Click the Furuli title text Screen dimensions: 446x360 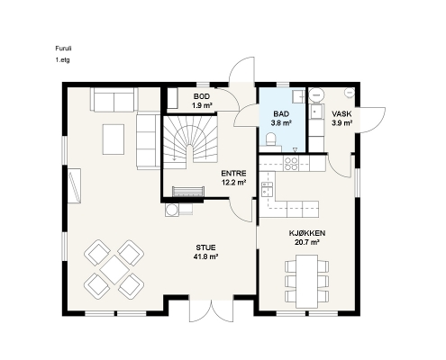[63, 49]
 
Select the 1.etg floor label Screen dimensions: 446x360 [62, 59]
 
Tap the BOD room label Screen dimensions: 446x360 [202, 96]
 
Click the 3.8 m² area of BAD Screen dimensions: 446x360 [281, 122]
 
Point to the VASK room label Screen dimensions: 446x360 [341, 113]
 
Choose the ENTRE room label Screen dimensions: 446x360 [233, 174]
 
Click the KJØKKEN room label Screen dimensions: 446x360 [307, 233]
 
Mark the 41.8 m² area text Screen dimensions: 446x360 [205, 256]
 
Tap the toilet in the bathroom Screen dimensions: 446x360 [271, 139]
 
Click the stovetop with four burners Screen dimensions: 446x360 [291, 164]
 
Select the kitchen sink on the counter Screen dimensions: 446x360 [267, 189]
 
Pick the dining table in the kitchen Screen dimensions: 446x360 [306, 282]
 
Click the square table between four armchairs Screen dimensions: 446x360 [114, 269]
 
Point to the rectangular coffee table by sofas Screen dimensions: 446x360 [114, 139]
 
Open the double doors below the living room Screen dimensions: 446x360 [212, 310]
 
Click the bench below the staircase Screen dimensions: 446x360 [188, 192]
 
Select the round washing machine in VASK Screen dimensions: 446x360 [316, 94]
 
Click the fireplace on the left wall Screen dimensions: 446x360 [74, 185]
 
